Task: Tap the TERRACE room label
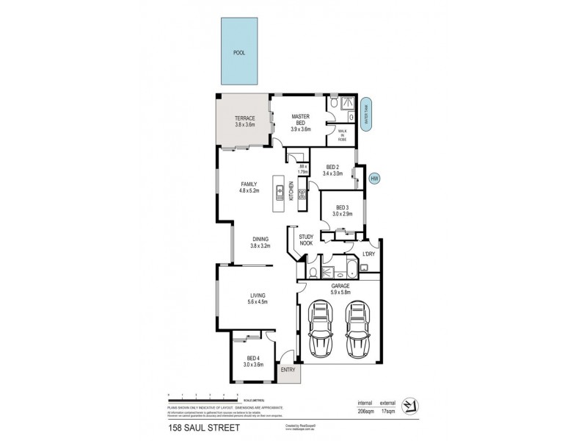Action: [x=244, y=121]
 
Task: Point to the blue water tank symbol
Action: [x=368, y=114]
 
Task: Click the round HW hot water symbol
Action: [x=374, y=178]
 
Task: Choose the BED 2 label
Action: [x=332, y=170]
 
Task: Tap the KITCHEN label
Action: [x=291, y=191]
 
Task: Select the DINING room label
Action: [x=260, y=242]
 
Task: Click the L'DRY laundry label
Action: [x=369, y=254]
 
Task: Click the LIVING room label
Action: [x=257, y=298]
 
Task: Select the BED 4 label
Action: [x=253, y=360]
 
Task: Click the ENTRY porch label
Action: [x=288, y=370]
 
